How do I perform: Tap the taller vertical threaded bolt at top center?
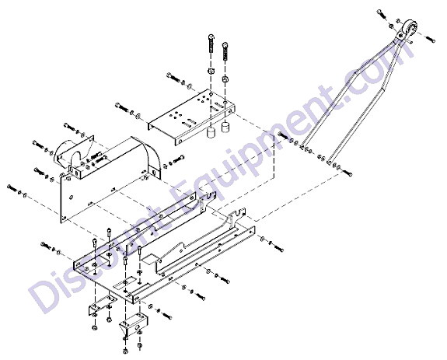point(211,44)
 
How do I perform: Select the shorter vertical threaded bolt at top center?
point(225,51)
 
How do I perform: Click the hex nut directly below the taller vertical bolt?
point(211,71)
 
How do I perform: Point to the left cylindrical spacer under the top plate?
point(211,133)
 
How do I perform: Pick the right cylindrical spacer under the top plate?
point(225,127)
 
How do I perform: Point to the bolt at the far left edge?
point(12,188)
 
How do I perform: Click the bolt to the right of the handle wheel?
point(430,39)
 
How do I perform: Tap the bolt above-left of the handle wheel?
point(381,14)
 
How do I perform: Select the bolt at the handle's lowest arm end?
point(347,173)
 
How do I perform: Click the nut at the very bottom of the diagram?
point(125,351)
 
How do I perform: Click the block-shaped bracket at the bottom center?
point(134,324)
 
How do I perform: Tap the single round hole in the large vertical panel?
point(72,197)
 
